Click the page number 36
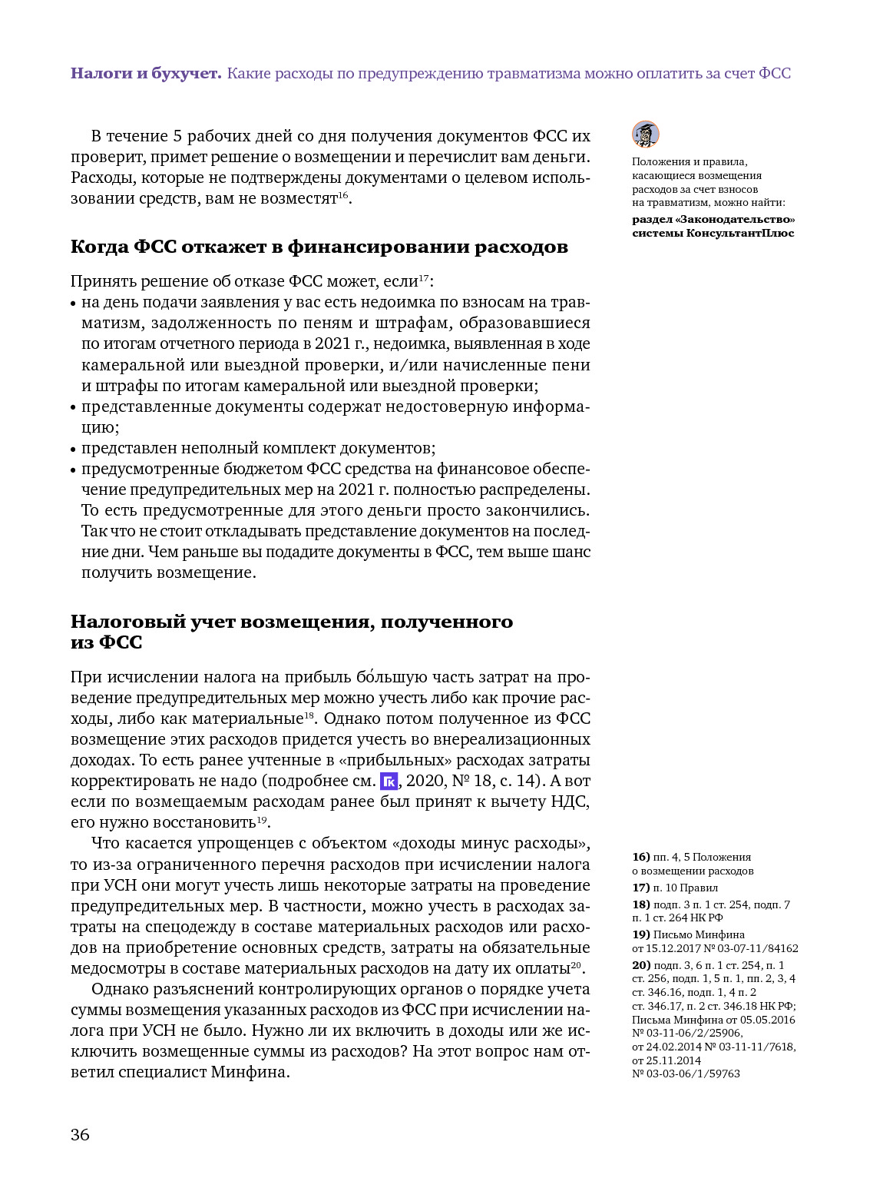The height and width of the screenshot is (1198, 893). [80, 1135]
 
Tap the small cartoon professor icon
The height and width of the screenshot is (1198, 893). [645, 134]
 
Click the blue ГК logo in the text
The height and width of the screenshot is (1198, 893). [389, 782]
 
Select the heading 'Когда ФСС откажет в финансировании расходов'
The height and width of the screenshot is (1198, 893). [319, 247]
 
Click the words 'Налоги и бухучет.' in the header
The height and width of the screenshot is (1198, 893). [146, 74]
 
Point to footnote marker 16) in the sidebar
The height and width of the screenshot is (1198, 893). [640, 857]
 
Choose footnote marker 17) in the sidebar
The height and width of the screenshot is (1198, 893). [640, 888]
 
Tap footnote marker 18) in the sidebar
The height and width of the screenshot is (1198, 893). [640, 904]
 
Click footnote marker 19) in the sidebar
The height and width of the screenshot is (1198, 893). [640, 935]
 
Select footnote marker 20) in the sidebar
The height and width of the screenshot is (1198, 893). [640, 965]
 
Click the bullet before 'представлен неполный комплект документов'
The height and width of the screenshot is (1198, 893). [74, 449]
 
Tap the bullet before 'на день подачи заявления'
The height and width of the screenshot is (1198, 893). [74, 304]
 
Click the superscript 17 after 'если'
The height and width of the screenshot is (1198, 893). [423, 277]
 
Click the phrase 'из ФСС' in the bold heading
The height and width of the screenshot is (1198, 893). [106, 642]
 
